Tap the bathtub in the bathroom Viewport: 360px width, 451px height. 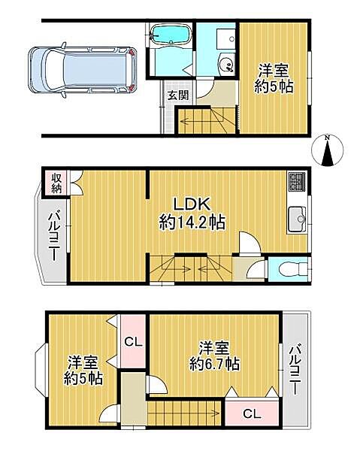tap(169, 36)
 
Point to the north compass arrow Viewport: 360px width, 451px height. tap(328, 153)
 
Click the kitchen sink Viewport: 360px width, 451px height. tap(295, 220)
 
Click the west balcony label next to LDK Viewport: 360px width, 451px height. tap(55, 235)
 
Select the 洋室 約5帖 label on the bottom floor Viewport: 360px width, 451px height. tap(77, 368)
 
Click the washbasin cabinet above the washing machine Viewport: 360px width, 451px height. tap(224, 40)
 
